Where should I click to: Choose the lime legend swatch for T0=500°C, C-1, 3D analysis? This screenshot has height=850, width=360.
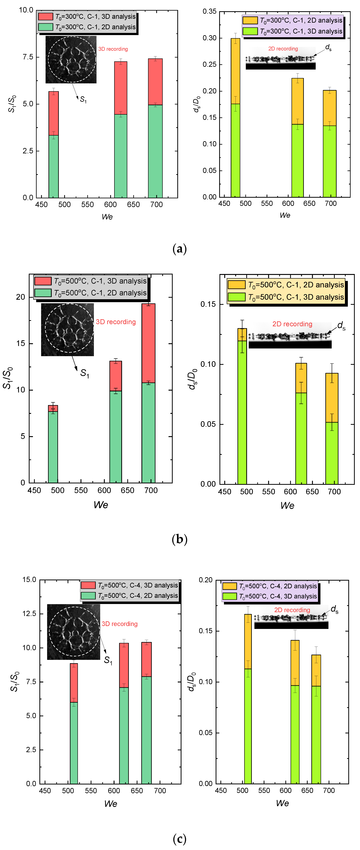click(237, 297)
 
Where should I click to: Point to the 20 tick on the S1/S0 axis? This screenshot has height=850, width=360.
click(20, 297)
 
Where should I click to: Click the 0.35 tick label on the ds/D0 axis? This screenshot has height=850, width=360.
click(209, 12)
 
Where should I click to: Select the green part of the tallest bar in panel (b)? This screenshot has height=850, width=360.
click(149, 432)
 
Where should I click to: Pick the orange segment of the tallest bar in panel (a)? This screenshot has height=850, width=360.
click(235, 71)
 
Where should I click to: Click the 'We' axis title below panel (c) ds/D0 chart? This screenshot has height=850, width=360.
click(282, 803)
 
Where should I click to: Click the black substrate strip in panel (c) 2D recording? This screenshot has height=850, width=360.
click(291, 625)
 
